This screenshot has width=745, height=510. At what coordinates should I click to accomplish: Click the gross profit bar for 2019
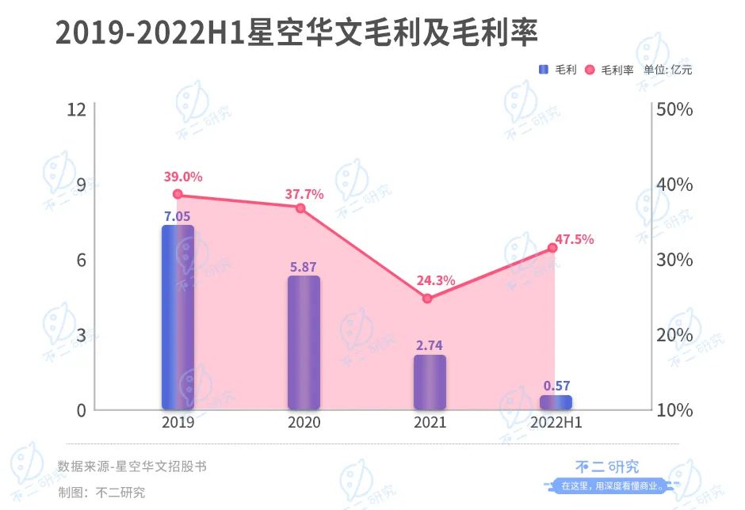(178, 317)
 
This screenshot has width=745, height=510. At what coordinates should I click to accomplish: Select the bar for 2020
(304, 342)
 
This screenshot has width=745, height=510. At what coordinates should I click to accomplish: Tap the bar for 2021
(430, 382)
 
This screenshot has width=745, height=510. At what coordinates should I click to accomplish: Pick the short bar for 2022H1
(556, 402)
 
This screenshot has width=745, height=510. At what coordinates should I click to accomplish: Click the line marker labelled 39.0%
(178, 194)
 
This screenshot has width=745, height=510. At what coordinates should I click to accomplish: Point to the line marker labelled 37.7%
(300, 208)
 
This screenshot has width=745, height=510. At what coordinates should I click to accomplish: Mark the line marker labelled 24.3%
(427, 299)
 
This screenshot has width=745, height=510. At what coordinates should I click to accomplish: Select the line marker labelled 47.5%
(552, 248)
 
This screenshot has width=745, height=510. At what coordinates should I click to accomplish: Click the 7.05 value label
(178, 215)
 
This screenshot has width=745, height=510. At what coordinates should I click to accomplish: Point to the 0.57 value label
(556, 386)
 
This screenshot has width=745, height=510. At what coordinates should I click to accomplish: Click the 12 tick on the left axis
(76, 109)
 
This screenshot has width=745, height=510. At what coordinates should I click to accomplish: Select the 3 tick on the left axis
(80, 335)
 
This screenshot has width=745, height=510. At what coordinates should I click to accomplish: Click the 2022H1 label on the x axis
(556, 423)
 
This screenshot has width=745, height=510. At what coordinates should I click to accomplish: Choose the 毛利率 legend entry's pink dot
(590, 70)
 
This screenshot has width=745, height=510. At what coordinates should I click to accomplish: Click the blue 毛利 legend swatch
(544, 70)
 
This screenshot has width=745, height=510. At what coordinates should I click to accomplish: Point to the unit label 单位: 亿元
(667, 70)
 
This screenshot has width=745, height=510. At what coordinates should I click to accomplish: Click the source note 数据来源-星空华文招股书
(132, 466)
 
